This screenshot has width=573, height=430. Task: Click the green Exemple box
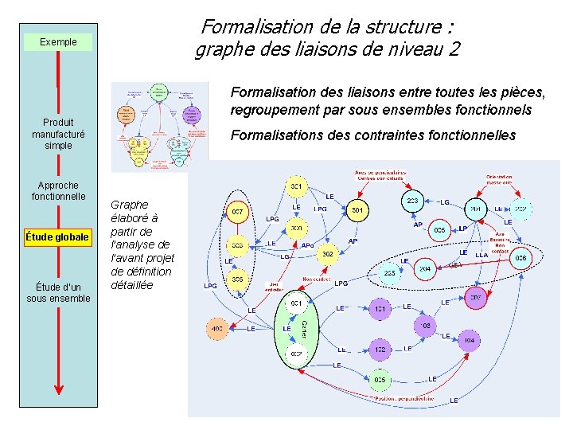click(58, 41)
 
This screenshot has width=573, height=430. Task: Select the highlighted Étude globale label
click(57, 236)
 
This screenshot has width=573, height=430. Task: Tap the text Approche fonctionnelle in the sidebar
click(58, 190)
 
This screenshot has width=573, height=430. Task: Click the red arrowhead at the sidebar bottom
click(58, 389)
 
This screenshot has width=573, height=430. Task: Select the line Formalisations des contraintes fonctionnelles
click(372, 135)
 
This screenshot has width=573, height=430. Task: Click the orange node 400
click(216, 328)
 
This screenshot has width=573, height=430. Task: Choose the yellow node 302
click(327, 254)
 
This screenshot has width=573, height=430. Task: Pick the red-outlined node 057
click(237, 213)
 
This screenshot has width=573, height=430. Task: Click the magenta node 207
click(475, 297)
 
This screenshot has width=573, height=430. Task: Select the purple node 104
click(469, 340)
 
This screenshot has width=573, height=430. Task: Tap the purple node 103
click(426, 326)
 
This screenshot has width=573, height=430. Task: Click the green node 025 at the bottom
click(380, 379)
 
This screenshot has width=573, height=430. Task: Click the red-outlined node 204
click(425, 269)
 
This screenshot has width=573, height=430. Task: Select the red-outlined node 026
click(520, 257)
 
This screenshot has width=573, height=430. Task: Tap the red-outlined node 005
click(439, 230)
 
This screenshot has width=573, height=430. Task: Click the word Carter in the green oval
click(304, 328)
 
